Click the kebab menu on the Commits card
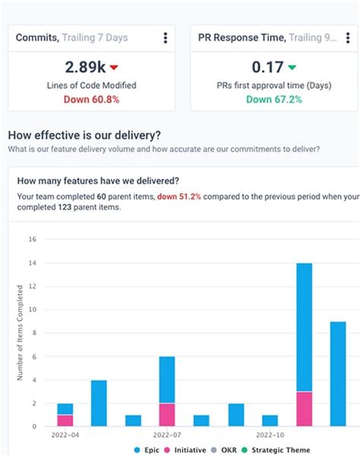pos(165,38)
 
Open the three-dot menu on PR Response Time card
pos(347,38)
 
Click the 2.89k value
pos(85,67)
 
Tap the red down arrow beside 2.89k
pos(114,68)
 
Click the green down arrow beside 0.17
pos(292,68)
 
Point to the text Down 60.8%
pos(91,99)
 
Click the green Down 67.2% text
pos(273,99)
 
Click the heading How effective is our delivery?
pos(84,135)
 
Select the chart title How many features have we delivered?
pos(98,181)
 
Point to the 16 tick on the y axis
pos(32,240)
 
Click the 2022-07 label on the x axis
pos(168,436)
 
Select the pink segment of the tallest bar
pos(304,409)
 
